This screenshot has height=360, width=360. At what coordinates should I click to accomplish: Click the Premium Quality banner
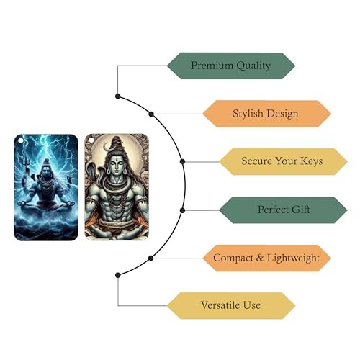(231, 66)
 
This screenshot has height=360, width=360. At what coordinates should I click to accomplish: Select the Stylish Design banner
(266, 114)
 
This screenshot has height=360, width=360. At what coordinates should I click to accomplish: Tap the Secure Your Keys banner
(283, 161)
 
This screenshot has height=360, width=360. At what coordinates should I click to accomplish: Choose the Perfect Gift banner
(283, 210)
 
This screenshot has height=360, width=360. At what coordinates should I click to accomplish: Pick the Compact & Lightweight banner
(266, 258)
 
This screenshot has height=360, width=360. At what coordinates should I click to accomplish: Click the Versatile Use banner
(231, 306)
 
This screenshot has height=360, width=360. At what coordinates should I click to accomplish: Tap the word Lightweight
(293, 258)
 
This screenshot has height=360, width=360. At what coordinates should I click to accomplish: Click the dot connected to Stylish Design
(151, 114)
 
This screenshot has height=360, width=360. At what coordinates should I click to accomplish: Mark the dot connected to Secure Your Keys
(182, 161)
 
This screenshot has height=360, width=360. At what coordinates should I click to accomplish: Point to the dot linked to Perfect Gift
(182, 210)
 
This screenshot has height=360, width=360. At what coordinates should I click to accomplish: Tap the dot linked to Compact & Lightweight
(150, 258)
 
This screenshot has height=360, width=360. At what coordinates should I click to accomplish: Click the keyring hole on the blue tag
(21, 140)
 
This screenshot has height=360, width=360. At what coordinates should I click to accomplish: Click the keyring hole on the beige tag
(91, 140)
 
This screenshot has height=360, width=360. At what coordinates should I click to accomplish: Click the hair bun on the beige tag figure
(117, 142)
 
